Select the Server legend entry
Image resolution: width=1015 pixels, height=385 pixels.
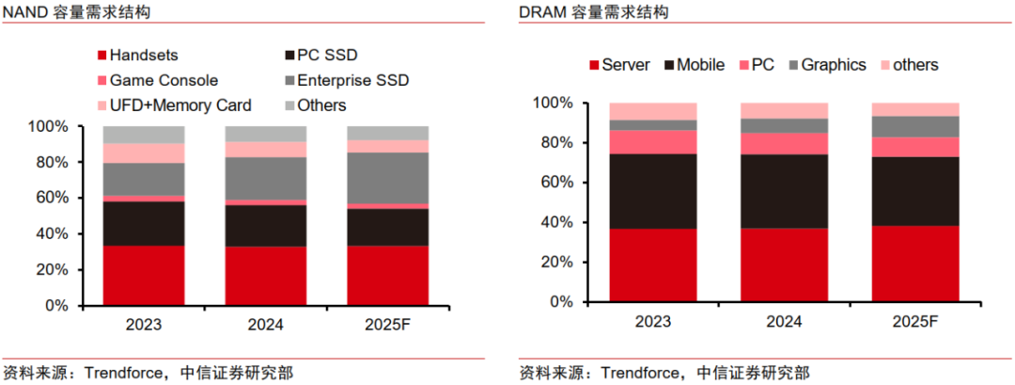pos(626,65)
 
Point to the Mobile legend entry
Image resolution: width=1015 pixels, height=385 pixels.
pos(700,65)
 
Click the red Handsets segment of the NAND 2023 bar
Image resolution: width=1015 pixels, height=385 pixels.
pos(144,275)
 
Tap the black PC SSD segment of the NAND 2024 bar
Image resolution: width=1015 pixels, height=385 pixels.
pos(265,226)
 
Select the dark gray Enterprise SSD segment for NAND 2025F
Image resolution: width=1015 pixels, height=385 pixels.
pos(388,178)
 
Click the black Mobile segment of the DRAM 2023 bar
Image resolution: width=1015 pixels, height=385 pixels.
pos(652,191)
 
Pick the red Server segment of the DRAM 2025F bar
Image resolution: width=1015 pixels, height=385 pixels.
pos(915,264)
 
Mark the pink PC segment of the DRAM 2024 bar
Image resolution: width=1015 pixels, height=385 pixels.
pos(784,143)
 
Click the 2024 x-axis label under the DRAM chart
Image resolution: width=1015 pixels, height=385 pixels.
pos(784,321)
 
